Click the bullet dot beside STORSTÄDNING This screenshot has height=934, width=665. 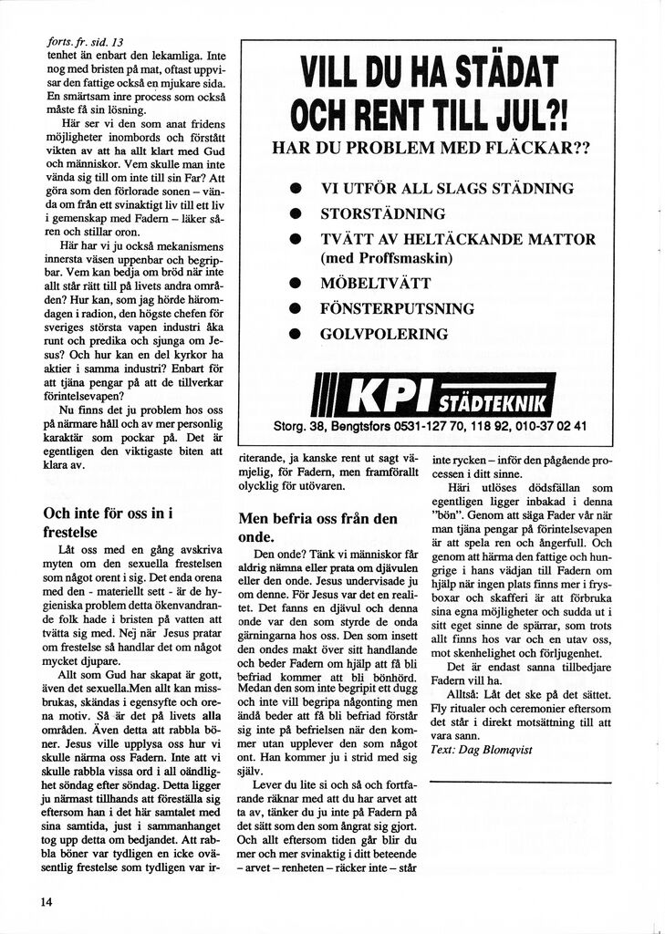[296, 215]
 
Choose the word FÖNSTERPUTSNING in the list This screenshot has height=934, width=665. [397, 309]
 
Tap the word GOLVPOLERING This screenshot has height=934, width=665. [384, 335]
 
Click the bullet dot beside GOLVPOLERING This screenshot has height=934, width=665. [296, 335]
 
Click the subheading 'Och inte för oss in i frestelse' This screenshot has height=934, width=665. [109, 522]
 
